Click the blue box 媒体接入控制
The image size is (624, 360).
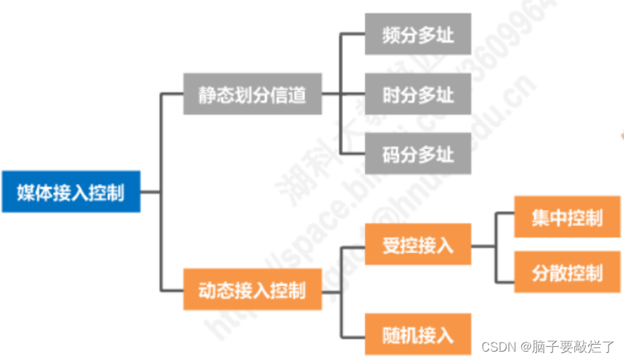pyautogui.click(x=71, y=192)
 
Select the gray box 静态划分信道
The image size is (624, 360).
pyautogui.click(x=253, y=94)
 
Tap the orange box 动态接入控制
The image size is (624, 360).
pyautogui.click(x=253, y=289)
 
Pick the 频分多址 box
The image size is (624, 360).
pyautogui.click(x=418, y=34)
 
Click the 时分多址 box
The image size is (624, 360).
pyautogui.click(x=418, y=94)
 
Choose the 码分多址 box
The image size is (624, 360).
pyautogui.click(x=418, y=153)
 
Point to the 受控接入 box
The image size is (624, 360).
pyautogui.click(x=418, y=245)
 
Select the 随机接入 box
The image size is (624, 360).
pyautogui.click(x=418, y=334)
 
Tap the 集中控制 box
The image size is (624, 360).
pyautogui.click(x=567, y=217)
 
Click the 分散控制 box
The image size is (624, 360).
pyautogui.click(x=567, y=271)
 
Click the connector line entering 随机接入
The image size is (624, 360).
pyautogui.click(x=352, y=334)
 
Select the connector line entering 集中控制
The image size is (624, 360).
pyautogui.click(x=504, y=215)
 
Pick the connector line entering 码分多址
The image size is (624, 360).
pyautogui.click(x=352, y=153)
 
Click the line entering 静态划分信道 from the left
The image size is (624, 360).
pyautogui.click(x=172, y=94)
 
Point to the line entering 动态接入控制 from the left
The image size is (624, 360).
pyautogui.click(x=172, y=289)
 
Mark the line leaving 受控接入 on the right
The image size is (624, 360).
pyautogui.click(x=483, y=246)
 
